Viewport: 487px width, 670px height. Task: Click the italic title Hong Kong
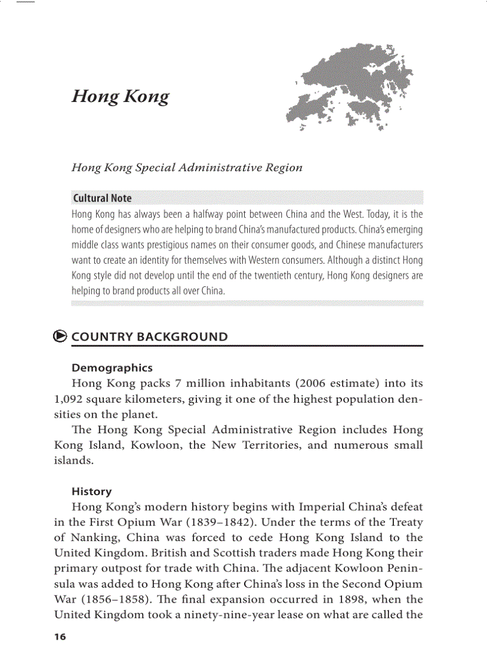tap(120, 97)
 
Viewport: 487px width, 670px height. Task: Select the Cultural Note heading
tap(101, 199)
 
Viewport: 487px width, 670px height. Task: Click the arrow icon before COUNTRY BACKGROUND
tap(60, 336)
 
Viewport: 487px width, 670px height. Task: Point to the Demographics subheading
tap(112, 368)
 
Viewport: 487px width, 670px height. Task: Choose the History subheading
tap(91, 492)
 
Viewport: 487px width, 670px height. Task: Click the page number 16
tap(60, 637)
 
